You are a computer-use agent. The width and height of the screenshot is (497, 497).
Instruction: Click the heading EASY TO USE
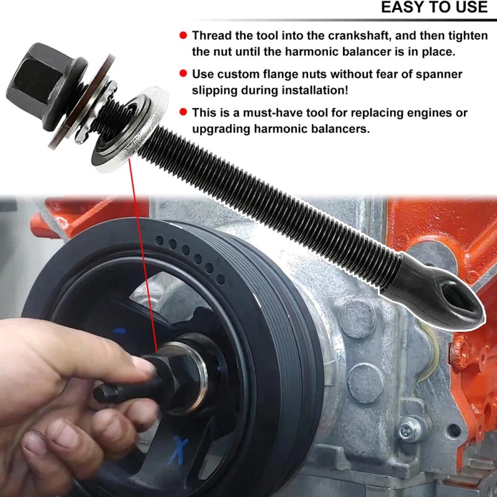(434, 8)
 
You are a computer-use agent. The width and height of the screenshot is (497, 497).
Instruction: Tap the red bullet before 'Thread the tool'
(183, 35)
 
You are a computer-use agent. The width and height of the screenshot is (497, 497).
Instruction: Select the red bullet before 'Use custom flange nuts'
(183, 74)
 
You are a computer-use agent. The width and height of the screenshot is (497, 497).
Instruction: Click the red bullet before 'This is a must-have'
(183, 112)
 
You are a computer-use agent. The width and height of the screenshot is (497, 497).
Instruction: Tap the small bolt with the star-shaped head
(408, 428)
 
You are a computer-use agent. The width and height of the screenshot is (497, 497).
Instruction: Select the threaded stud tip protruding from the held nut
(104, 393)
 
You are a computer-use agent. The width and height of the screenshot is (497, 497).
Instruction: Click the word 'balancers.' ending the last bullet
(341, 129)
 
